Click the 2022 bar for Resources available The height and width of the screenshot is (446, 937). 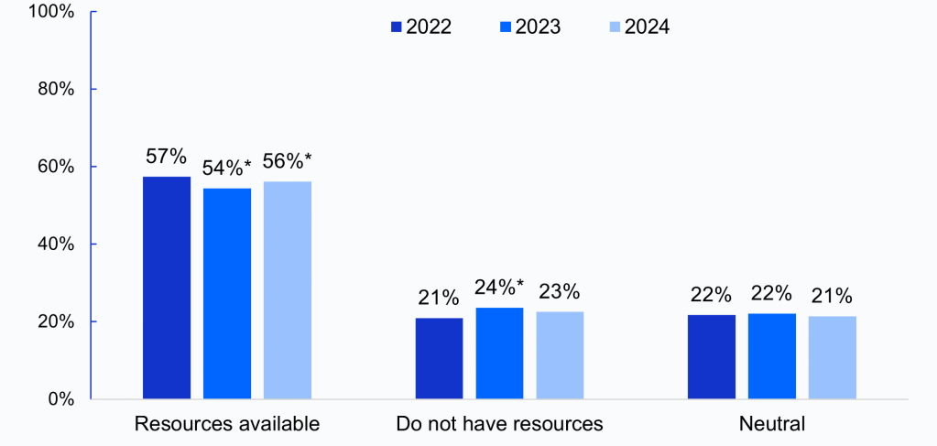(x=167, y=288)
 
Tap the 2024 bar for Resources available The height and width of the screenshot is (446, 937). (x=288, y=290)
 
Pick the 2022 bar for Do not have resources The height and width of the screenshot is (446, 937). (x=439, y=358)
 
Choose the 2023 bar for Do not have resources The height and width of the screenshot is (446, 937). (x=499, y=354)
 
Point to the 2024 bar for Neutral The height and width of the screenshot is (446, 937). (x=832, y=357)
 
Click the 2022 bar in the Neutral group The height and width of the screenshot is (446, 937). (x=711, y=356)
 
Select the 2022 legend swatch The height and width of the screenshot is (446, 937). (x=397, y=27)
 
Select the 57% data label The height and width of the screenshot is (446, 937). (x=167, y=157)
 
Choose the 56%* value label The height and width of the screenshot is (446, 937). (x=288, y=161)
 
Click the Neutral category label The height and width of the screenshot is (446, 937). (x=772, y=424)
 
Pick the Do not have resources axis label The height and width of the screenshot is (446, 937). (x=499, y=424)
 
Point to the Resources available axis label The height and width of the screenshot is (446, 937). (x=226, y=424)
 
